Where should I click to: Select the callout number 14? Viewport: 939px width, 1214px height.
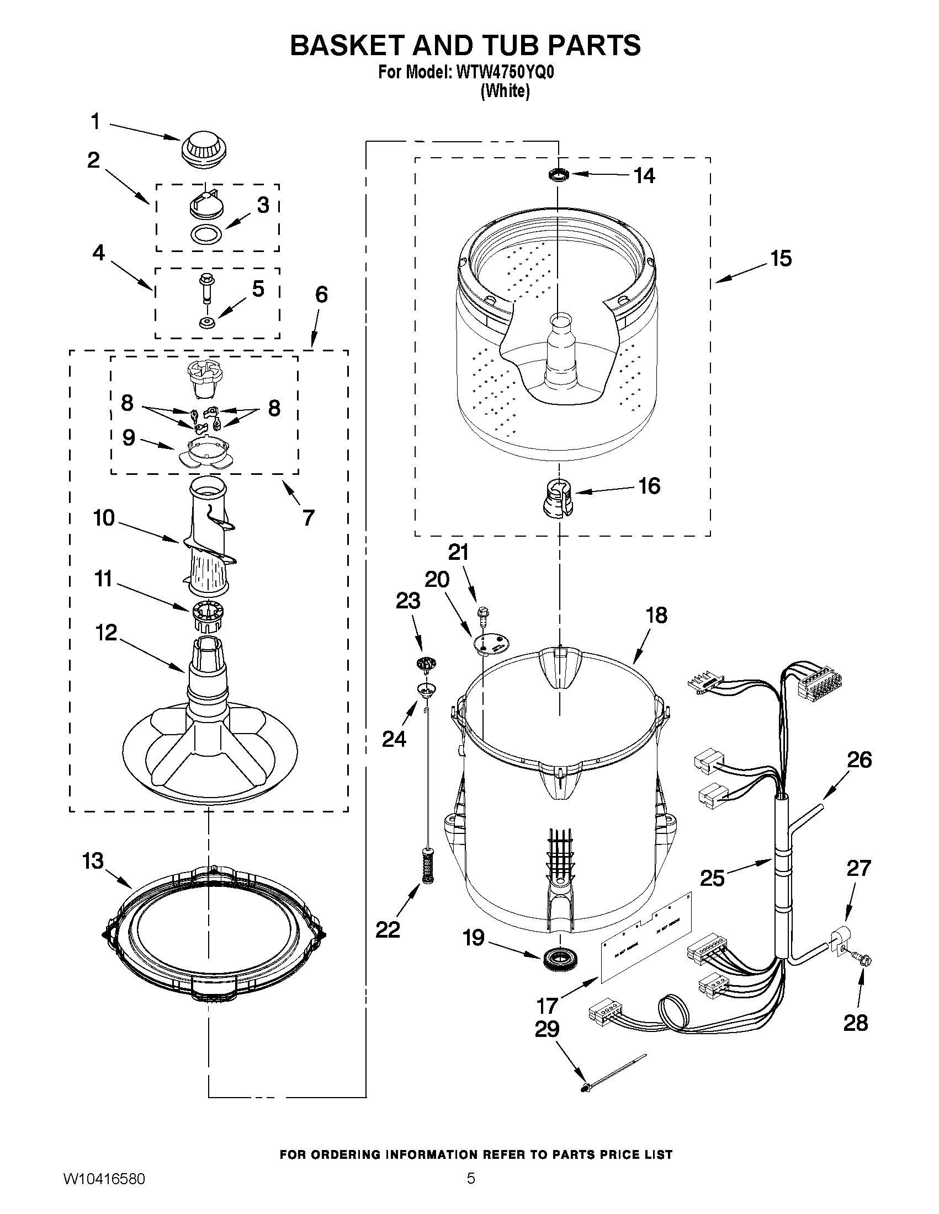(x=645, y=175)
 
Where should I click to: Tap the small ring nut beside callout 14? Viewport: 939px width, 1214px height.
(x=558, y=175)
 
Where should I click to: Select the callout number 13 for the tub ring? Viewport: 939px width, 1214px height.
(x=93, y=861)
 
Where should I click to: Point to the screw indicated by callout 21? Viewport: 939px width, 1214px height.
(x=482, y=614)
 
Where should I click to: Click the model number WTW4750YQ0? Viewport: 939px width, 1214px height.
(x=505, y=73)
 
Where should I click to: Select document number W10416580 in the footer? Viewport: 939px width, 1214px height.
(x=104, y=1192)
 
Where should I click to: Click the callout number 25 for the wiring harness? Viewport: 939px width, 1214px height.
(x=712, y=878)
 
